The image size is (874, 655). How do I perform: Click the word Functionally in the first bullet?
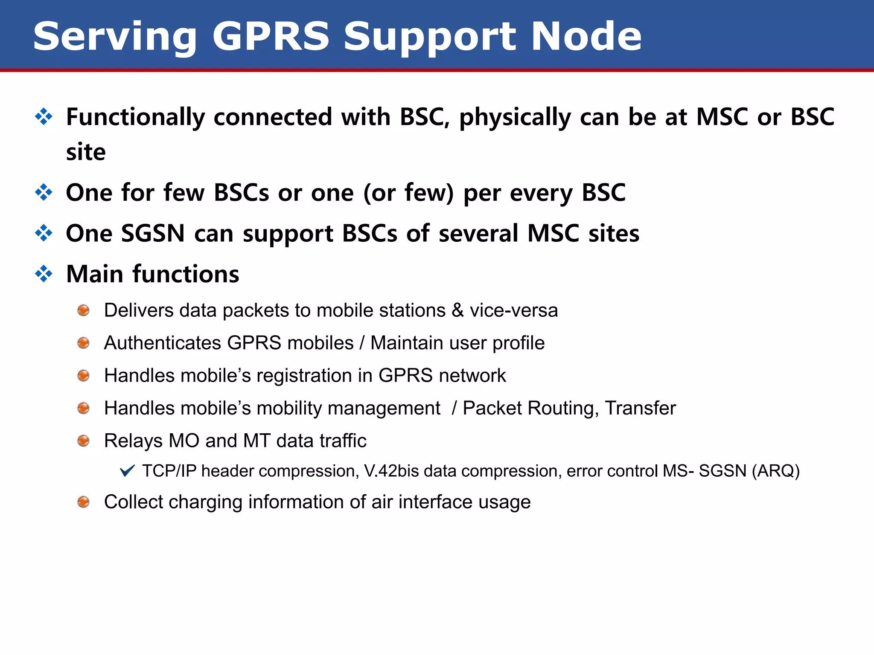point(136,117)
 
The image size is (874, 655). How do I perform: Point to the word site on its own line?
point(86,152)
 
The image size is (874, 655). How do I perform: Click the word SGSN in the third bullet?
point(153,234)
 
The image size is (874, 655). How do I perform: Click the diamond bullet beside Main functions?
point(44,274)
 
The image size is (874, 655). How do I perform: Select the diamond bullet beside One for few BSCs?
point(44,192)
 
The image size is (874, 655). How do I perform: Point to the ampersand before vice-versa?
point(457,310)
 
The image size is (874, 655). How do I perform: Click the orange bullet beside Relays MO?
point(84,441)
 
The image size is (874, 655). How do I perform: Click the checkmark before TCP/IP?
point(127,471)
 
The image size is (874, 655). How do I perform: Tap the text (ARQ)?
point(775,471)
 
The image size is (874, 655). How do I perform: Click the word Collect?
point(134,502)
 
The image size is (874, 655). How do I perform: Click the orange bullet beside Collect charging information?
point(84,502)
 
